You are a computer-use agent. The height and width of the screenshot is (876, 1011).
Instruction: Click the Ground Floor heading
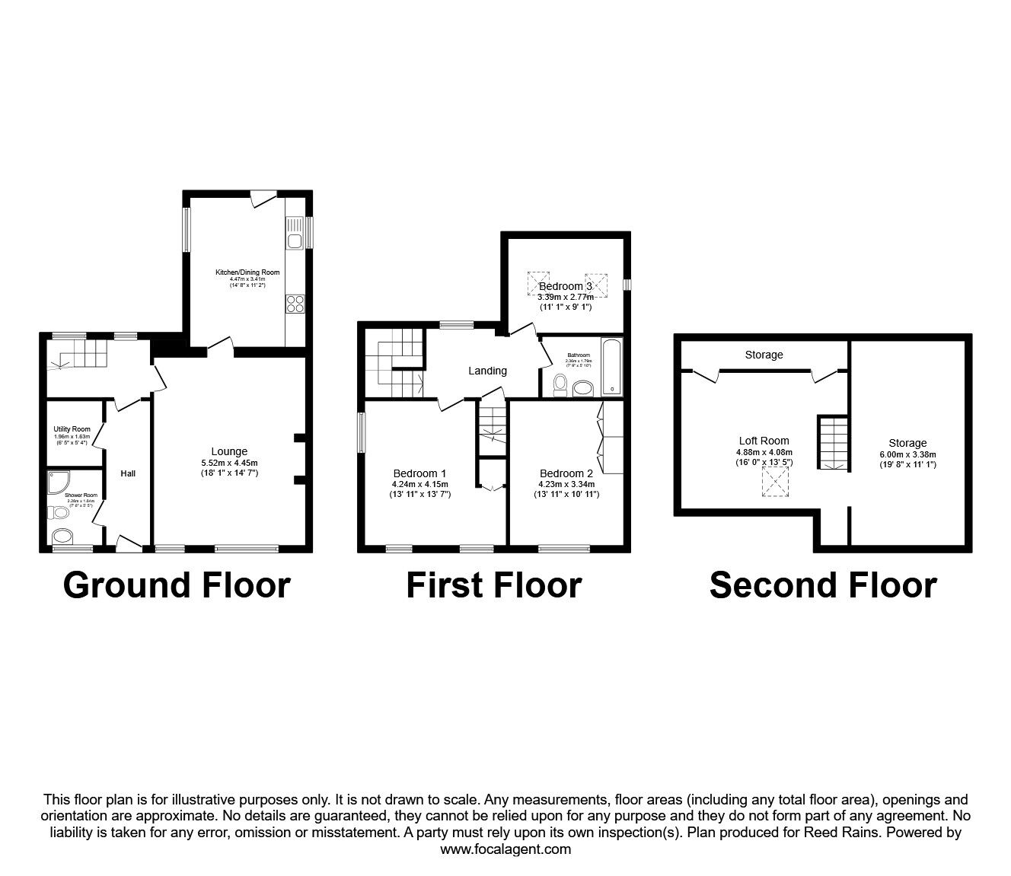tap(177, 585)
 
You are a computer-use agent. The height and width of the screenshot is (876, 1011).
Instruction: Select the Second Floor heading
tap(823, 585)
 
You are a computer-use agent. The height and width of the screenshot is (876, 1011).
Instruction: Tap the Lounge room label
tap(229, 452)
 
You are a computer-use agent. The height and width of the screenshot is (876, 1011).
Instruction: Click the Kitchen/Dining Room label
tap(247, 272)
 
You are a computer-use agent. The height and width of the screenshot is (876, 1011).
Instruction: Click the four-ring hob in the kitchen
tap(295, 304)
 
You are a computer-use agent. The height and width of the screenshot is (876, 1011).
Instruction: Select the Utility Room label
tap(72, 429)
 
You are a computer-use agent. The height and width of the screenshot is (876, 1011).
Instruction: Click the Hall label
tap(128, 473)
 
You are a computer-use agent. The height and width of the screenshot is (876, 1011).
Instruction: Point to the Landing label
tap(487, 371)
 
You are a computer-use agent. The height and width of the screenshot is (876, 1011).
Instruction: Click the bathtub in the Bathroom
tap(611, 367)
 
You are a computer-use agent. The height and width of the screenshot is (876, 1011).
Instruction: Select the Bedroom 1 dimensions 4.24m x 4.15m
tap(420, 484)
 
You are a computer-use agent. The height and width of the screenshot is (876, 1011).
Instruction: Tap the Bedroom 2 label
tap(566, 473)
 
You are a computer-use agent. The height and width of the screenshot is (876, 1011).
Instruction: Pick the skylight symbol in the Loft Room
tap(777, 483)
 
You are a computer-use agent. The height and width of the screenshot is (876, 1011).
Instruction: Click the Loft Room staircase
tap(833, 442)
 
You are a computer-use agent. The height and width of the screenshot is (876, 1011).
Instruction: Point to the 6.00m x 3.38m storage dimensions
tap(907, 454)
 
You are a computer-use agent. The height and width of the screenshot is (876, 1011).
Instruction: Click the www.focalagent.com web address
tap(505, 849)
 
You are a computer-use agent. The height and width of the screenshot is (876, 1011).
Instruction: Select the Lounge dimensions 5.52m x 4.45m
tap(229, 463)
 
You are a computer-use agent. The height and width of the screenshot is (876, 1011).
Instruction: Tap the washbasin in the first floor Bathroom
tap(584, 389)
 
